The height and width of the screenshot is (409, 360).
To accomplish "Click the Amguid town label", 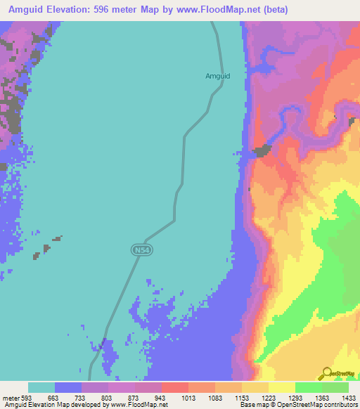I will pyautogui.click(x=217, y=75).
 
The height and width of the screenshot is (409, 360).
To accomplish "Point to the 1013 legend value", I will pyautogui.click(x=188, y=397).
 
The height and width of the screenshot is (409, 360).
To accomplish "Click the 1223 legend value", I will pyautogui.click(x=269, y=397).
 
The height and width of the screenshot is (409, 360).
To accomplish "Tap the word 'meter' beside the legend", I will pyautogui.click(x=11, y=397).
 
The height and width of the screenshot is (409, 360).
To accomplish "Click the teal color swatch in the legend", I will pyautogui.click(x=41, y=387).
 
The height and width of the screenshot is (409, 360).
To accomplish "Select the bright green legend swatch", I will pyautogui.click(x=309, y=387).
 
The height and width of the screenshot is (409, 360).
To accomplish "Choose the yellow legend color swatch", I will pyautogui.click(x=282, y=387).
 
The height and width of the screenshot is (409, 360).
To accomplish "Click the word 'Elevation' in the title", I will pyautogui.click(x=70, y=10).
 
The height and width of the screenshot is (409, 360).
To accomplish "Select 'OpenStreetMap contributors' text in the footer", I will pyautogui.click(x=320, y=404).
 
